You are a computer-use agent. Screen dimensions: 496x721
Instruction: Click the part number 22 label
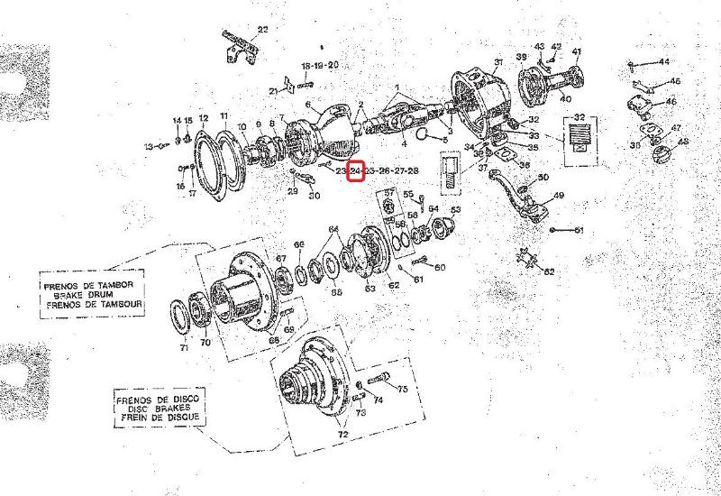coord(262,30)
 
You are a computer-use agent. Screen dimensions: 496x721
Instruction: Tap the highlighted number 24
coord(355,170)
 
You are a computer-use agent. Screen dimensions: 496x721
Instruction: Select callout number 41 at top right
coord(577,51)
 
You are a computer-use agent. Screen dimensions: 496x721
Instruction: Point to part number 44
coord(663,61)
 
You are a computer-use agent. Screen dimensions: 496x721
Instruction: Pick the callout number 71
coord(184,347)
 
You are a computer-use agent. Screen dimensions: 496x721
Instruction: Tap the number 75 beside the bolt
coord(403,389)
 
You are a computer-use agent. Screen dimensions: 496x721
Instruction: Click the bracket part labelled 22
coord(236,46)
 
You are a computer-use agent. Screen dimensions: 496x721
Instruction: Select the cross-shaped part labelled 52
coord(527,261)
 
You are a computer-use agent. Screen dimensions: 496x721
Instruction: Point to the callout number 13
coord(150,146)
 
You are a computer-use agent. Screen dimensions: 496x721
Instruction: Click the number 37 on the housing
coord(497,62)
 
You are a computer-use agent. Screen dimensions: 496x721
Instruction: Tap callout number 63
coord(370,289)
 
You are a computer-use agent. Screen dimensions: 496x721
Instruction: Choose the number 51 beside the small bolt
coord(580,230)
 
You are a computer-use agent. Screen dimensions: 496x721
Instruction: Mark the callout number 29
coord(292,190)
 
